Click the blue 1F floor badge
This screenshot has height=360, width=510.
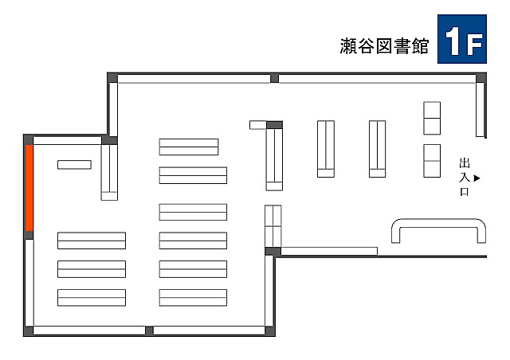(462, 39)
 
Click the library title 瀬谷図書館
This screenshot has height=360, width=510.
(384, 46)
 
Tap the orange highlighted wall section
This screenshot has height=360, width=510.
(29, 188)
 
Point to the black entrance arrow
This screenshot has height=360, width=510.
(477, 178)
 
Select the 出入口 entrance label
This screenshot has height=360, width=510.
(465, 178)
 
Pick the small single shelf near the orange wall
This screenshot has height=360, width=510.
(74, 165)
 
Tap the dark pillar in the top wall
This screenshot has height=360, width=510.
(274, 78)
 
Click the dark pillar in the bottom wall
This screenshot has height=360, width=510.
(149, 331)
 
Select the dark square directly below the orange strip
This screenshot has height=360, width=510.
(29, 235)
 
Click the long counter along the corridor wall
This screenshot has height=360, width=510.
(329, 251)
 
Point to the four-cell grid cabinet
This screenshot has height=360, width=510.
(273, 226)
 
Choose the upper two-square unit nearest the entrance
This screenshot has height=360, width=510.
(432, 118)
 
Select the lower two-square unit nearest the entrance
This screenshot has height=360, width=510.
(432, 161)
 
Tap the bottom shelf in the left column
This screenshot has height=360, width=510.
(92, 298)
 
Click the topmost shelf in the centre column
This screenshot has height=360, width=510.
(189, 147)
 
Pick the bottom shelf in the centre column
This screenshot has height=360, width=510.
(193, 298)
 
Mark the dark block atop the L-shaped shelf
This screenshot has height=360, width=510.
(274, 125)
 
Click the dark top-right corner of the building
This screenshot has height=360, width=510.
(481, 78)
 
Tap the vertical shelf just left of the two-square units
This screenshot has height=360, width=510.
(377, 149)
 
